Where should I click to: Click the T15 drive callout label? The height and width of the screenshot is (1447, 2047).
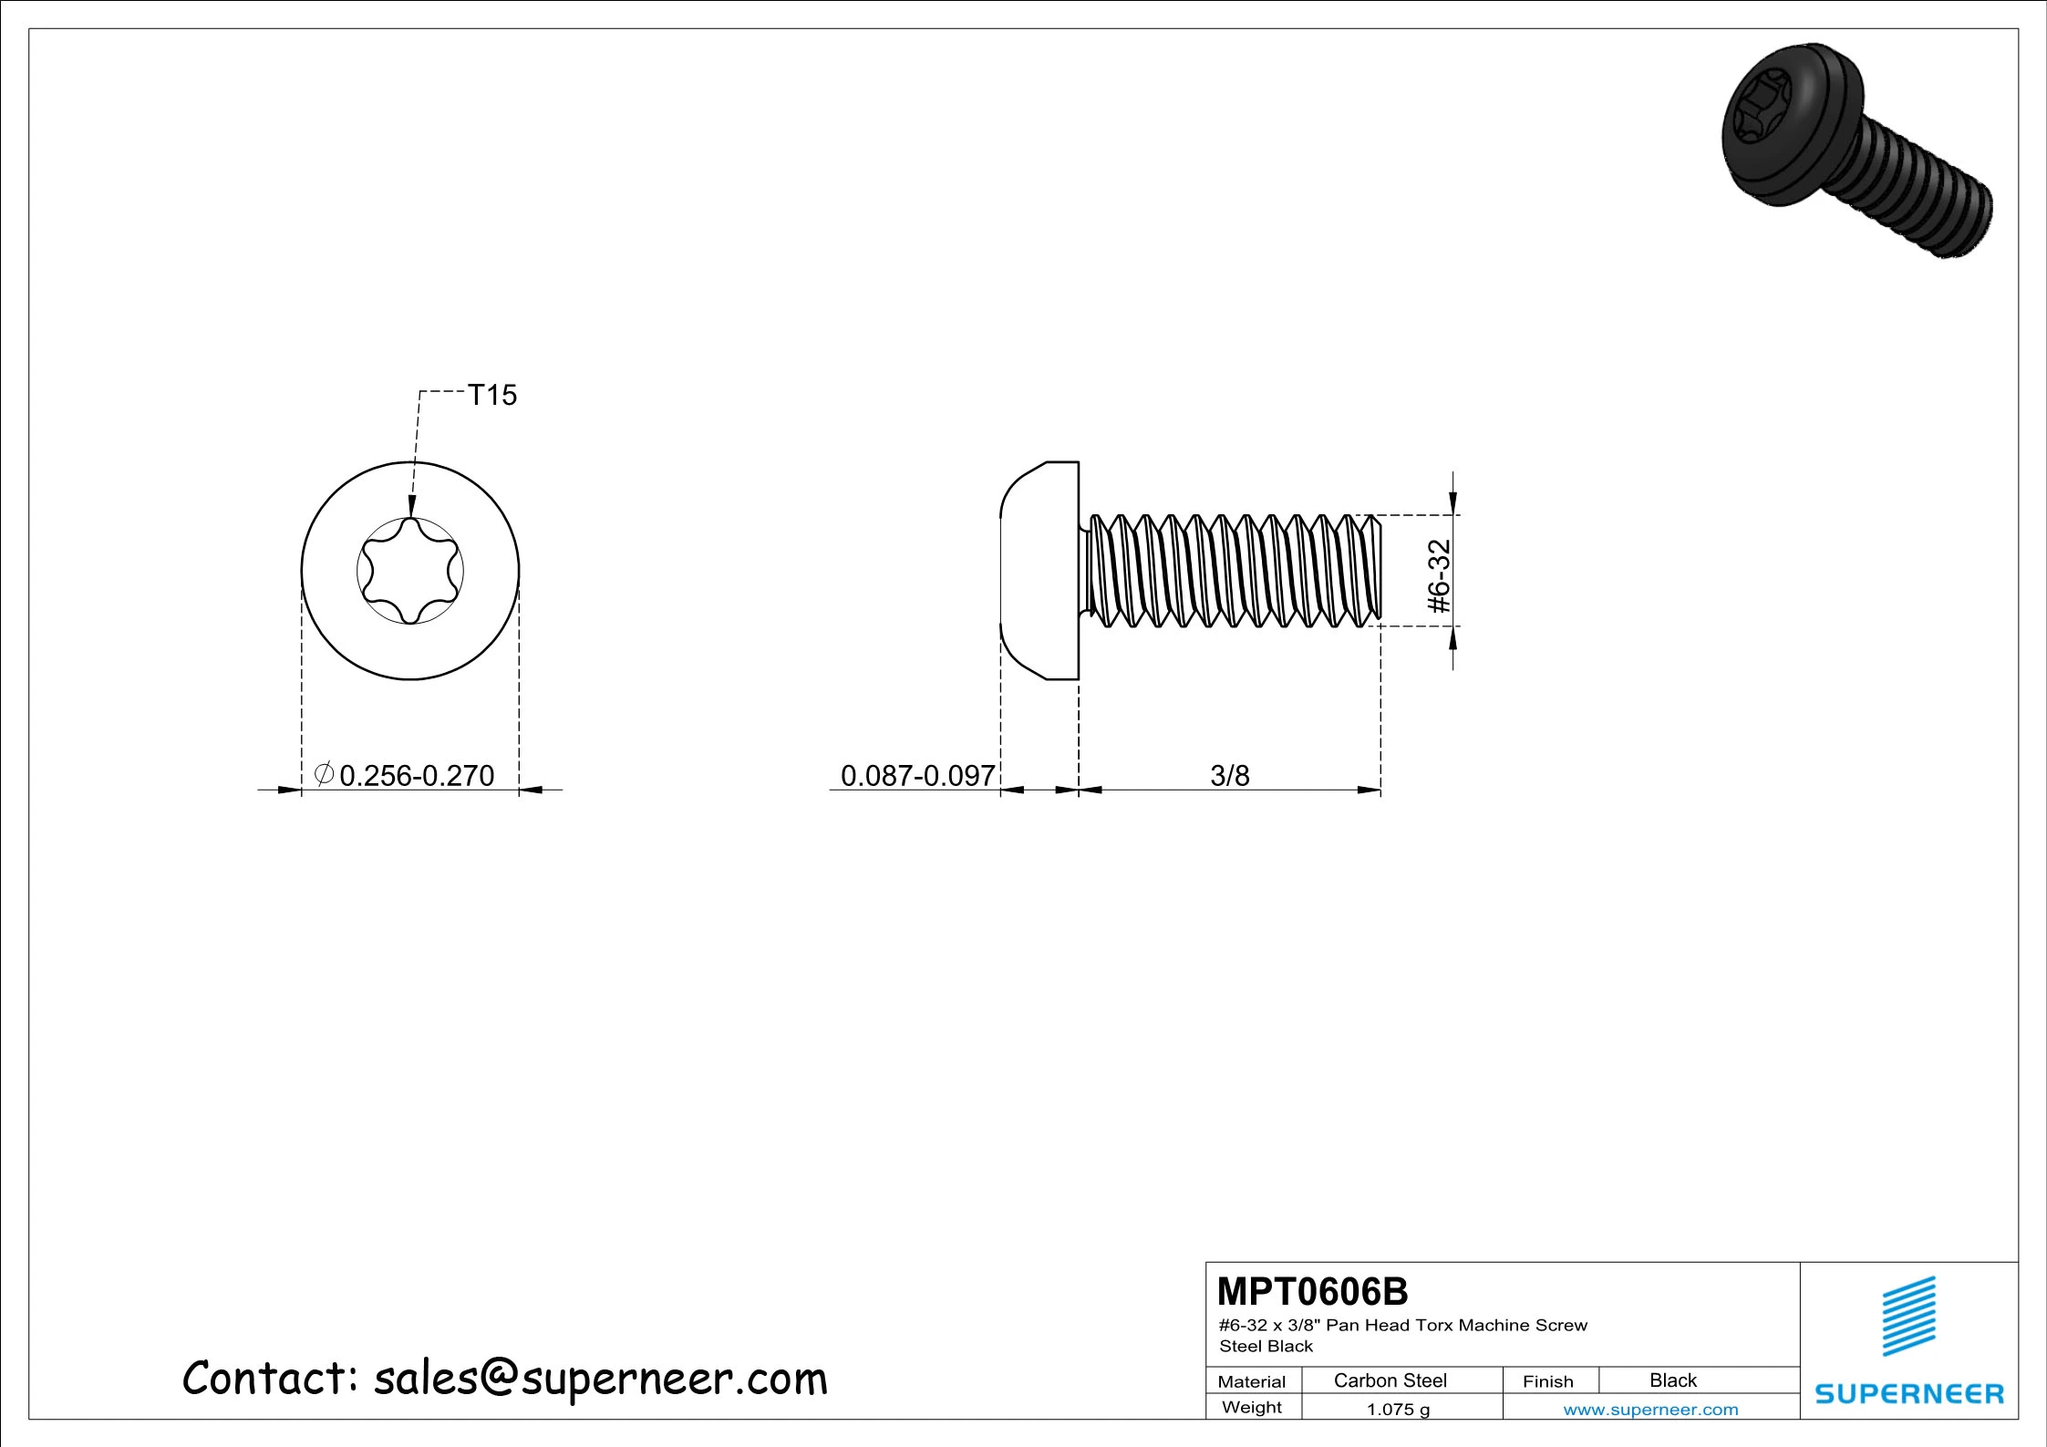[492, 395]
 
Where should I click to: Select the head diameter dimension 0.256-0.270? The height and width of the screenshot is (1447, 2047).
[417, 775]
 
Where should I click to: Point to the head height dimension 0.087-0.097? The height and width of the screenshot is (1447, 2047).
[918, 775]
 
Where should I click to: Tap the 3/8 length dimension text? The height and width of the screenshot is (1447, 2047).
[1229, 775]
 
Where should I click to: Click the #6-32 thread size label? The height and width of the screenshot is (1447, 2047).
[1439, 576]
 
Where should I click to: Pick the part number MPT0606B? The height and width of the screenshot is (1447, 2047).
[1312, 1292]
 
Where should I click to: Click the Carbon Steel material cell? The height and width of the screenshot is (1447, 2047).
[1390, 1380]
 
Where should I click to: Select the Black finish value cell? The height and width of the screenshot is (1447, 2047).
[1673, 1380]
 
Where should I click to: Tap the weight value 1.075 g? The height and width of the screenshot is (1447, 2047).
[1398, 1410]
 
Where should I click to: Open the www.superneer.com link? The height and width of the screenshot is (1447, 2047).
[1650, 1410]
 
